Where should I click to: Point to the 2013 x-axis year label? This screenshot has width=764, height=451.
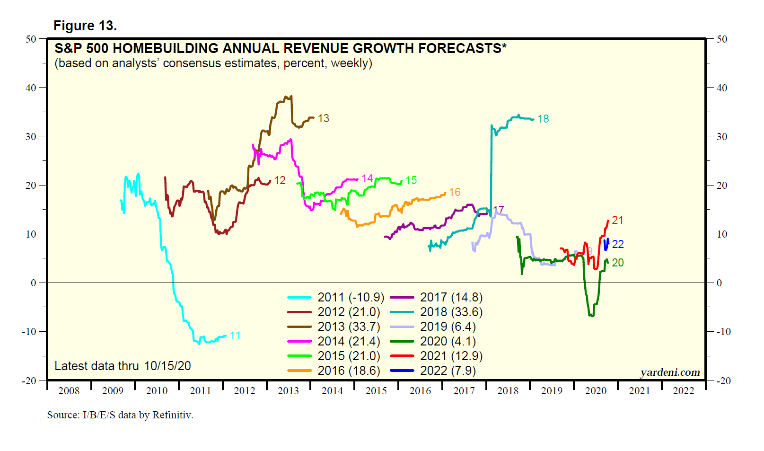(x=288, y=391)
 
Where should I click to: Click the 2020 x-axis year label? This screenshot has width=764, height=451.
(x=596, y=391)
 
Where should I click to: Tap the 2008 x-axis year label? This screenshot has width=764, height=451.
(x=69, y=391)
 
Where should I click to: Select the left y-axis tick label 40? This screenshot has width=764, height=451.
(x=31, y=88)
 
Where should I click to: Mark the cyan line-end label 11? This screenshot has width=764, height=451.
(x=235, y=336)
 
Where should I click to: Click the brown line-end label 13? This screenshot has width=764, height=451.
(x=324, y=118)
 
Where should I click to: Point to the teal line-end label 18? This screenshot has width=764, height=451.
(x=543, y=119)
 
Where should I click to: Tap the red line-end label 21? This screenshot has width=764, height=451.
(x=617, y=220)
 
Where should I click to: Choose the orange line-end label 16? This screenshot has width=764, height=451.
(x=455, y=192)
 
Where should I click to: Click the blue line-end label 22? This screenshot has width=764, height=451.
(x=618, y=244)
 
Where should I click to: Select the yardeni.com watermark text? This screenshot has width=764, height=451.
(x=670, y=372)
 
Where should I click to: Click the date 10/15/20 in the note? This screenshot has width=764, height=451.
(x=167, y=366)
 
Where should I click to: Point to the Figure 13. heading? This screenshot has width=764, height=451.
(x=85, y=26)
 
